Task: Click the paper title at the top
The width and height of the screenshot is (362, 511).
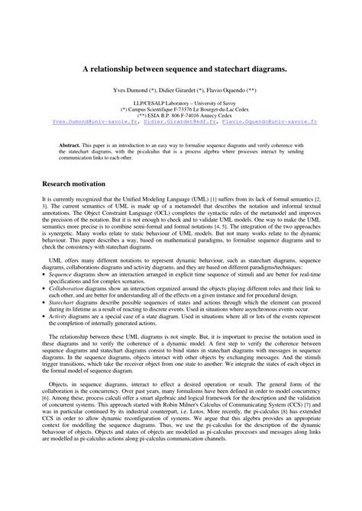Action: [180, 68]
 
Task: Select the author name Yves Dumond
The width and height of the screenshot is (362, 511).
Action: [131, 89]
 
